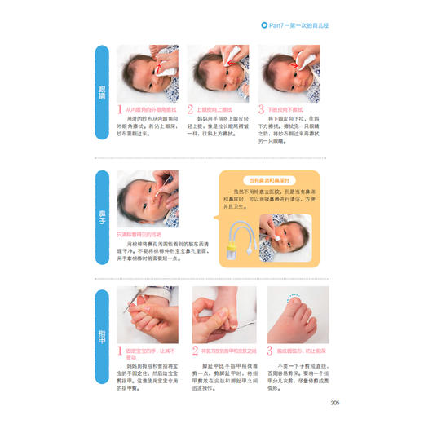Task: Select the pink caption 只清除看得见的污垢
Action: (142, 234)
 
